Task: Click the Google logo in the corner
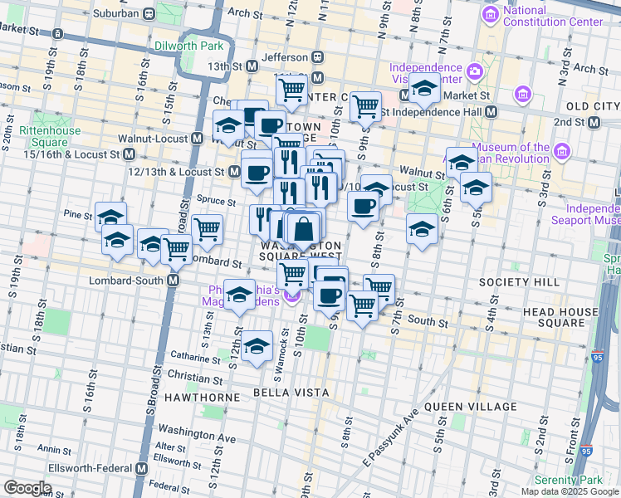[x=27, y=488]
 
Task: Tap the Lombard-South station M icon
[x=174, y=281]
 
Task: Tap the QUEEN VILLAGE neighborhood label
[x=470, y=407]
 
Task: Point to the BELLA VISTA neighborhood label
[x=291, y=392]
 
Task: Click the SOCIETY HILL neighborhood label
[x=511, y=283]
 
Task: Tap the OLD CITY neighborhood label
[x=593, y=107]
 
